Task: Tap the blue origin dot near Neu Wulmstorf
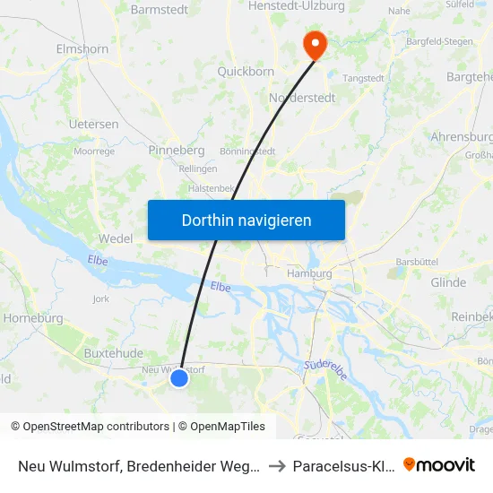click(x=179, y=377)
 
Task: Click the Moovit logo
click(x=439, y=464)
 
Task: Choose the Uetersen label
click(x=94, y=124)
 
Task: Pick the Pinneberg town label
click(x=177, y=150)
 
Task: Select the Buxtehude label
click(x=114, y=353)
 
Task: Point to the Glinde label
click(x=448, y=282)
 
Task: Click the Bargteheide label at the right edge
click(x=470, y=77)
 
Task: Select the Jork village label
click(x=99, y=298)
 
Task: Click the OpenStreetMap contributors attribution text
click(x=91, y=427)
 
